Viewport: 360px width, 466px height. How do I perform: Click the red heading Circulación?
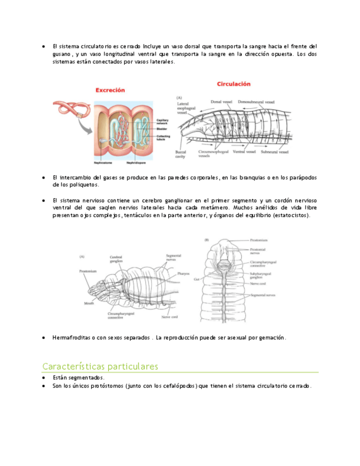234,84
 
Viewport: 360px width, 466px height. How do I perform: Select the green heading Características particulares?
100,366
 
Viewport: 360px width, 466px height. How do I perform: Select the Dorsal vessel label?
222,102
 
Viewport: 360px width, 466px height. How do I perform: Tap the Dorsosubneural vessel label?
261,102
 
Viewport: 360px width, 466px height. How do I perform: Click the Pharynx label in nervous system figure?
184,273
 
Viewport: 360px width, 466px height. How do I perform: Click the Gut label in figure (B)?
196,280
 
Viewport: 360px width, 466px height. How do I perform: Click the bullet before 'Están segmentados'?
43,378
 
